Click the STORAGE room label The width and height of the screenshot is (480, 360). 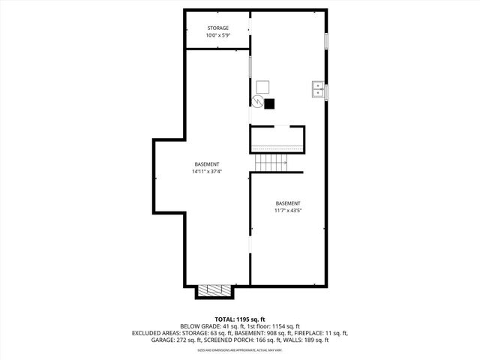[x=218, y=28]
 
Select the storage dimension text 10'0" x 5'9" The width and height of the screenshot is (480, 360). [x=218, y=36]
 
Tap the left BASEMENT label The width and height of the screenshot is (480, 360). [x=207, y=164]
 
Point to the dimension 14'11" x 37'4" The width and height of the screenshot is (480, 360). [x=207, y=172]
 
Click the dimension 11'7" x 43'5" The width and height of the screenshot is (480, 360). [x=288, y=211]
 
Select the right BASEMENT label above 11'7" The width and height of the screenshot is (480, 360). [x=288, y=203]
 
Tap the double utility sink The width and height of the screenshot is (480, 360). [x=318, y=91]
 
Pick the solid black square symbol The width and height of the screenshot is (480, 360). [x=270, y=103]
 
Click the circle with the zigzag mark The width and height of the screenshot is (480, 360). [x=257, y=102]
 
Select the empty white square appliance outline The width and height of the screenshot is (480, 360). [x=262, y=86]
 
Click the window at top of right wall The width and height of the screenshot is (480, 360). [x=326, y=41]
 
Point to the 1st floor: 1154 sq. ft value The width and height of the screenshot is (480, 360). [x=271, y=326]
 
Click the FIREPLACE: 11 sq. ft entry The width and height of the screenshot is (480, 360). [x=322, y=333]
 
